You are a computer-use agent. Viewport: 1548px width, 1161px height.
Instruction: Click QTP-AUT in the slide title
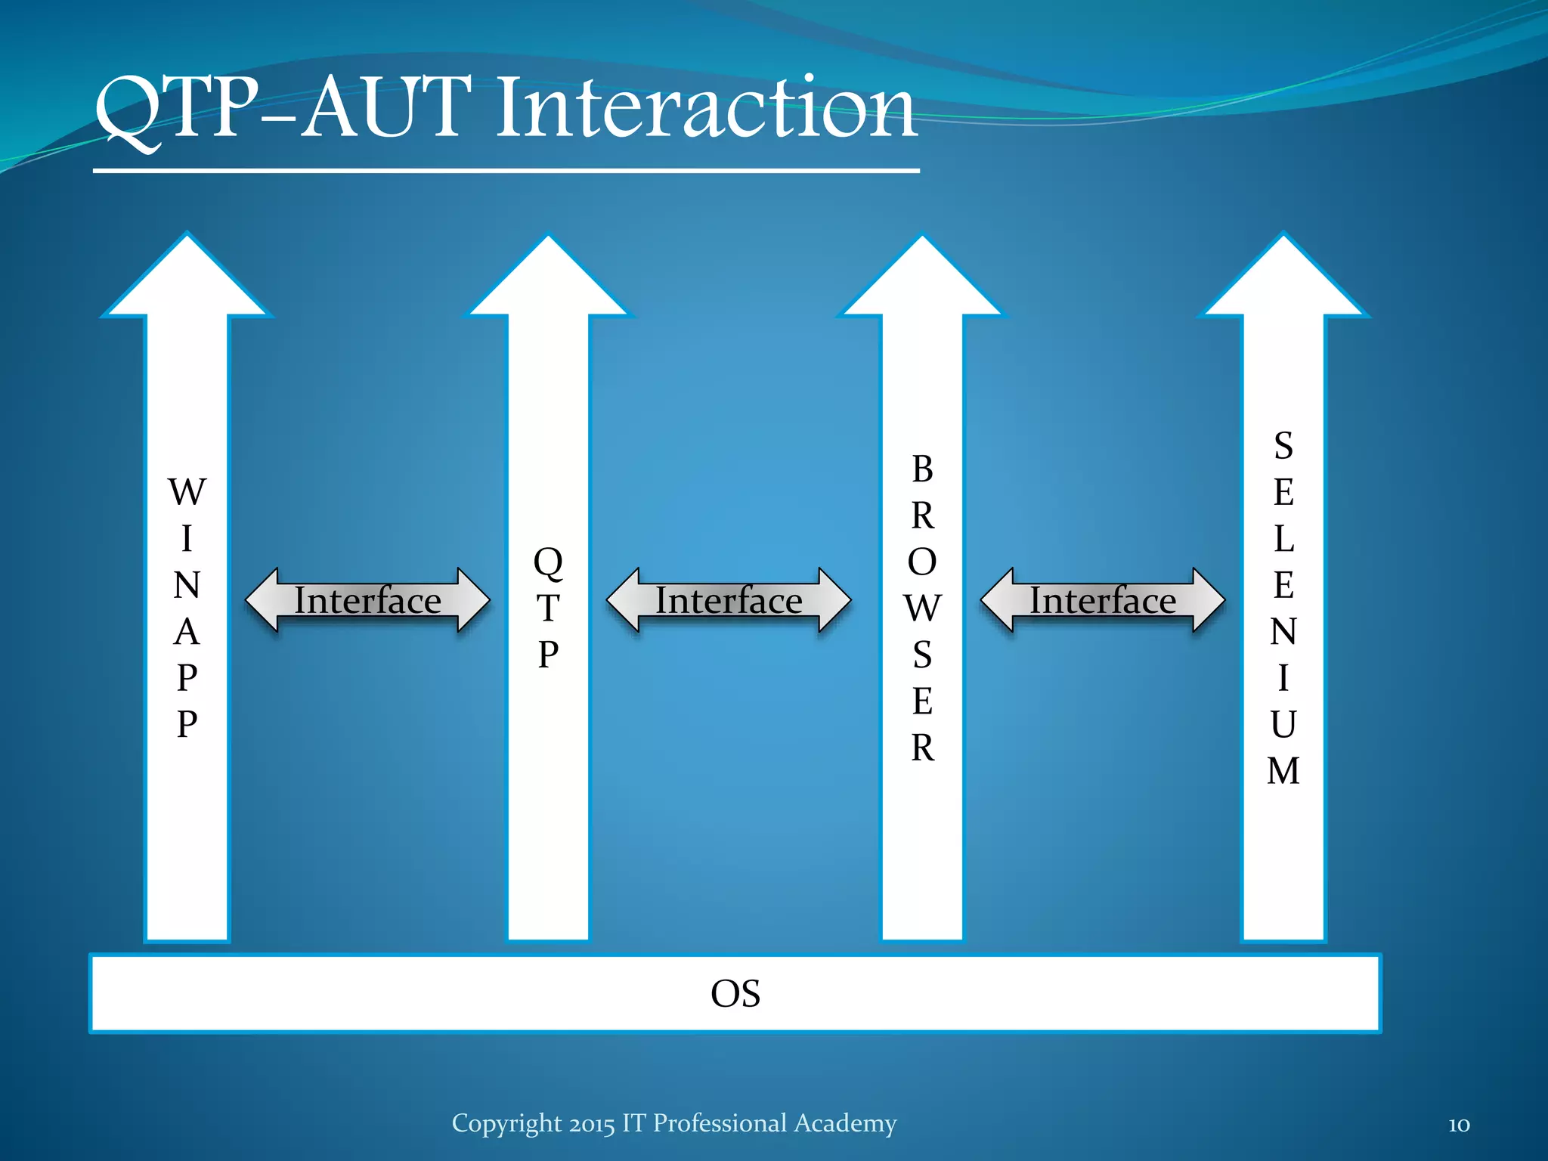283,110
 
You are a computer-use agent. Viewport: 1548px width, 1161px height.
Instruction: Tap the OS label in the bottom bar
735,993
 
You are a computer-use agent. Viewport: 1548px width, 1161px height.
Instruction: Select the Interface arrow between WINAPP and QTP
367,600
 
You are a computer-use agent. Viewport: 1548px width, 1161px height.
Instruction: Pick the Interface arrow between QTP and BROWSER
729,600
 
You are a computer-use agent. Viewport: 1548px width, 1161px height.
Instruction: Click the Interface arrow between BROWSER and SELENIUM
1102,600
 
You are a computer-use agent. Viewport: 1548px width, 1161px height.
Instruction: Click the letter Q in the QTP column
548,562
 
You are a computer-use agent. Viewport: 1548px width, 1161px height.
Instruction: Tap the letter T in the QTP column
548,608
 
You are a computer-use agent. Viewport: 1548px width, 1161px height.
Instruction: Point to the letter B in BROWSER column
922,469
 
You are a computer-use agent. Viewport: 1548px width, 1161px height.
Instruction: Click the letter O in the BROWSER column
922,562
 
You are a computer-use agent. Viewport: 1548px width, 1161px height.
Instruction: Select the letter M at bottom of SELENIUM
1283,771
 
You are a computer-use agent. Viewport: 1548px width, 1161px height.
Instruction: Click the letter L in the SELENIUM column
1283,539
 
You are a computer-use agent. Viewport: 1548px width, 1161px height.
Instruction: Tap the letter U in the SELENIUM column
1283,724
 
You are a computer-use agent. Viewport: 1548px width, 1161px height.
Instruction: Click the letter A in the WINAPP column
187,632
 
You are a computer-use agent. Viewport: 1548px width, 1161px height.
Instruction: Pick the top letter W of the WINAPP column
187,493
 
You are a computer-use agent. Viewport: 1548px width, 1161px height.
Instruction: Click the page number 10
1459,1125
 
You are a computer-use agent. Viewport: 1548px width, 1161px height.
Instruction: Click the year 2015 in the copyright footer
592,1124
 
